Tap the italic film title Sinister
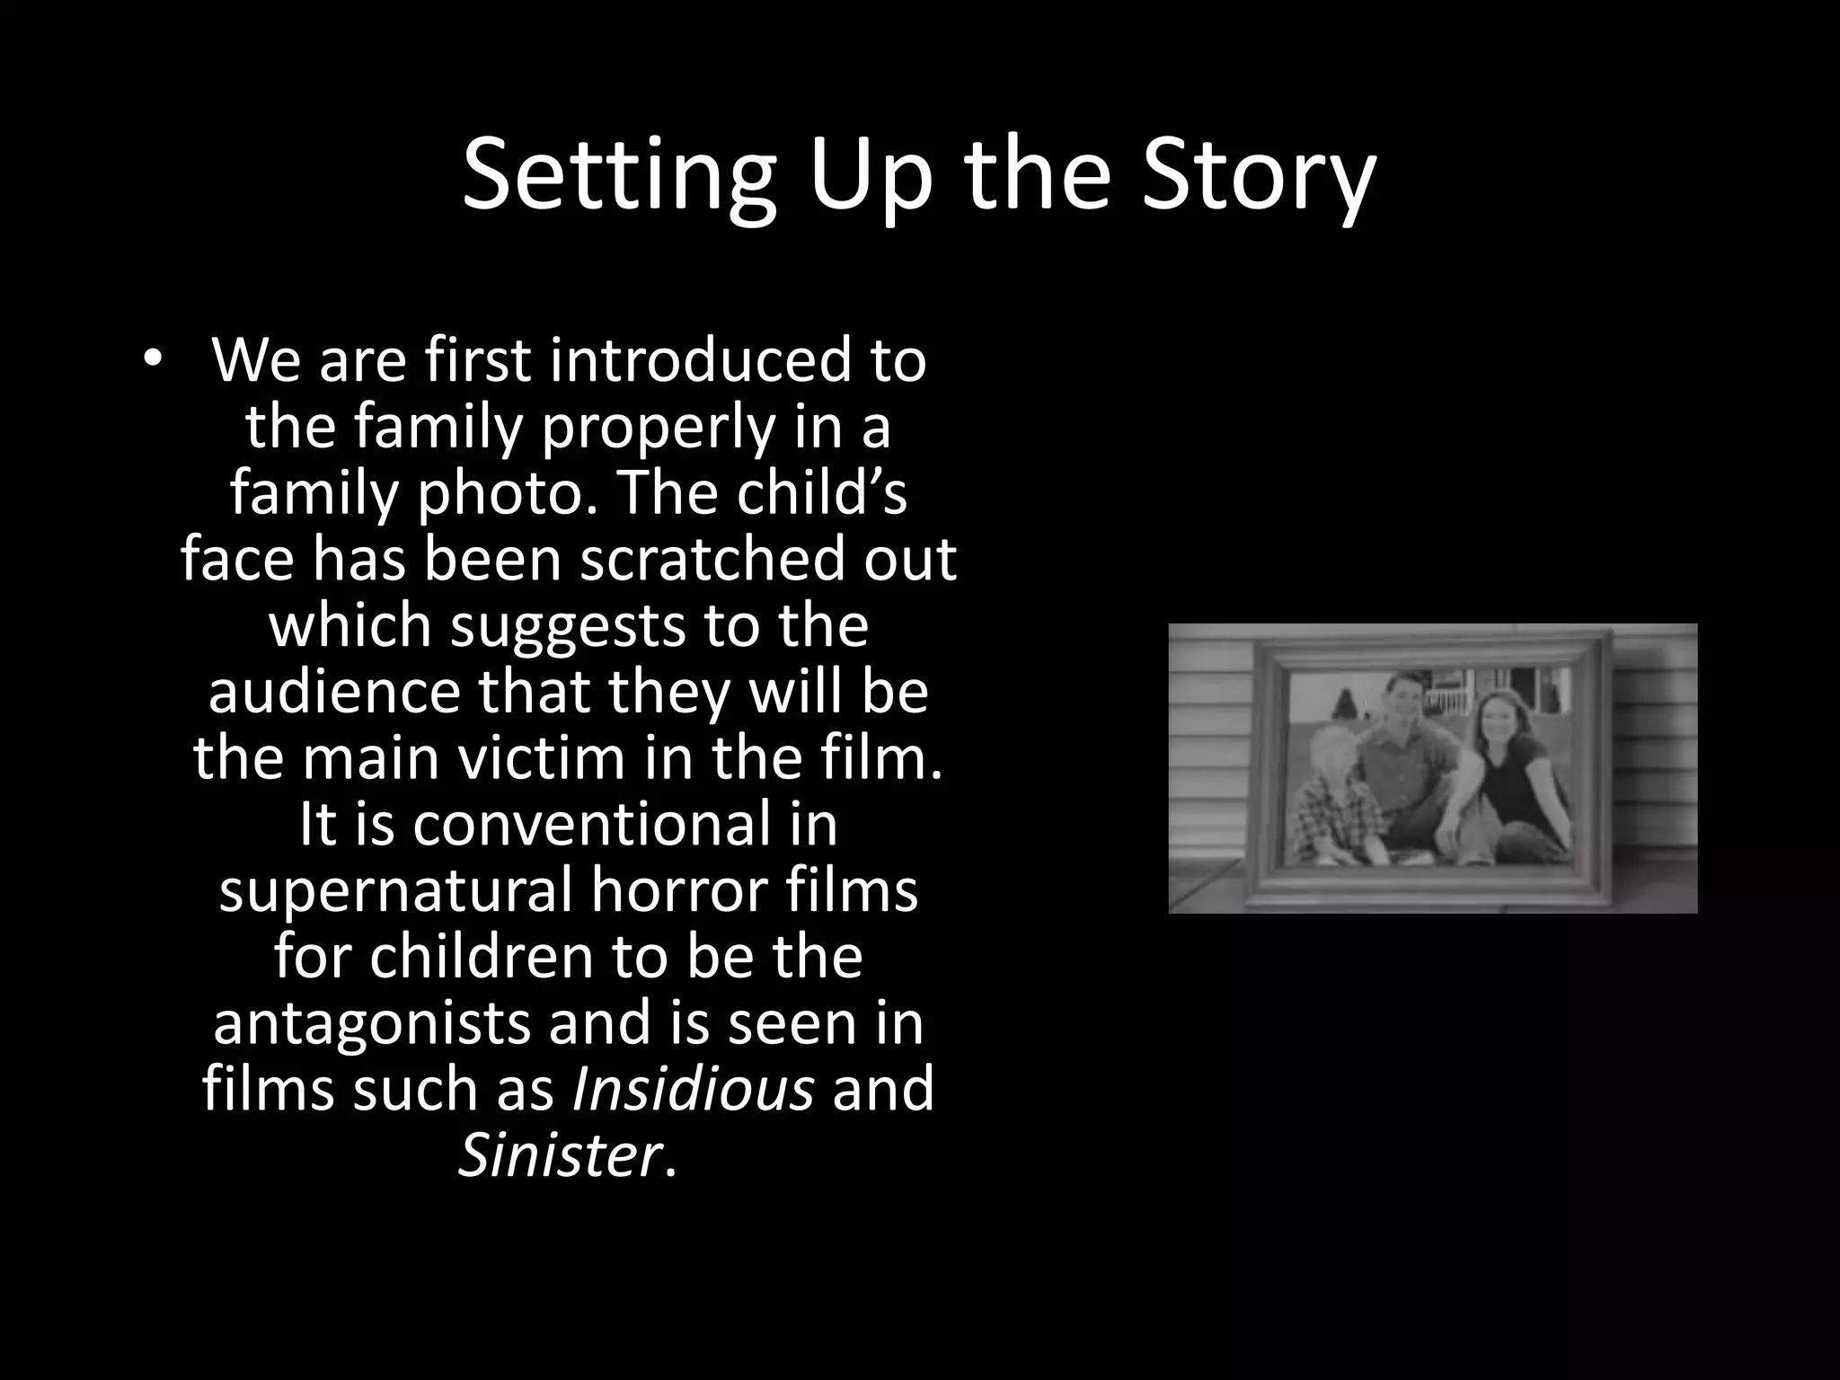560,1155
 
